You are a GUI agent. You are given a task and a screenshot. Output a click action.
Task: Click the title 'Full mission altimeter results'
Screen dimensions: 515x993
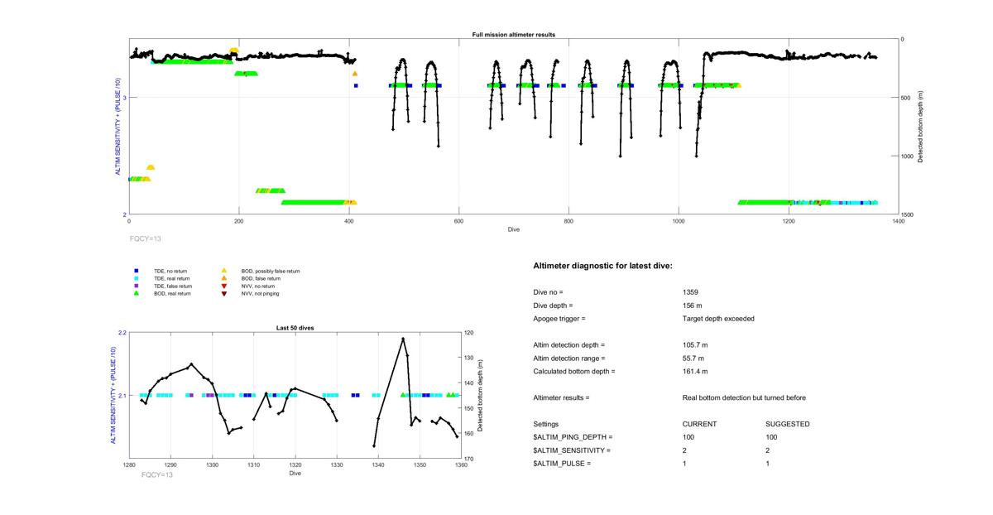(514, 35)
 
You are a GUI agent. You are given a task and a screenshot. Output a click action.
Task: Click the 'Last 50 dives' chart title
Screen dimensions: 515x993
(295, 328)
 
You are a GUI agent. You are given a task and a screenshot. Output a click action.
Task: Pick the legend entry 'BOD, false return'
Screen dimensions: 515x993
(259, 278)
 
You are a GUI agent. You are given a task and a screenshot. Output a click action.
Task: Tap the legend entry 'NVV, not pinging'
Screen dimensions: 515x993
(260, 294)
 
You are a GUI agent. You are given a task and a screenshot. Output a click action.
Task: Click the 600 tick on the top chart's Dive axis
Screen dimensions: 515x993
(458, 221)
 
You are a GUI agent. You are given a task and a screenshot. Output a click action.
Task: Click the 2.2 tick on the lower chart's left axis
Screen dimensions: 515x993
(122, 333)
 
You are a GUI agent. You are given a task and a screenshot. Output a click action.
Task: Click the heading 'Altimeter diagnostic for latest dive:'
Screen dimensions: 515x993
(602, 266)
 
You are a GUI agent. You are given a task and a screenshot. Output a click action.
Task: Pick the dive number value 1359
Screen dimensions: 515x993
(690, 292)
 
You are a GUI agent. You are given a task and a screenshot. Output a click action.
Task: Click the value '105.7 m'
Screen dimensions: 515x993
(694, 344)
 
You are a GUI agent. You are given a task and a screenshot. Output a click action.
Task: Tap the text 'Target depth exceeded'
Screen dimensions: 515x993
(718, 319)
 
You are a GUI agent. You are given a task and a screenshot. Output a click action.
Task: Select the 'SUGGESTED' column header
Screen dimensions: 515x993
(787, 424)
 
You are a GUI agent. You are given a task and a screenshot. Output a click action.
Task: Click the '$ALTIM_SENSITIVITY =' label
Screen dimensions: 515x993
(572, 450)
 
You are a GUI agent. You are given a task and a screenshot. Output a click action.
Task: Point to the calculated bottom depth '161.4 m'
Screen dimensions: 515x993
(694, 371)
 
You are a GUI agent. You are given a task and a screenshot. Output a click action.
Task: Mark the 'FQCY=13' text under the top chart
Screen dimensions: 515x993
(146, 238)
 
